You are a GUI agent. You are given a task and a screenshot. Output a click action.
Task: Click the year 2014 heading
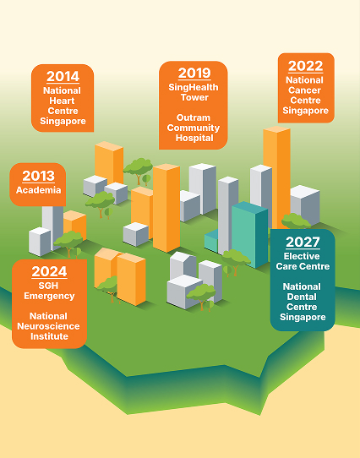63,77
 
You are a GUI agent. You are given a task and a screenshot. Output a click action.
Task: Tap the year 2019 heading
194,74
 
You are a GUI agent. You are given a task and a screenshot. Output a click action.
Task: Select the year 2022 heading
305,66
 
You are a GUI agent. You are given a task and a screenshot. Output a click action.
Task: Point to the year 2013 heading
38,176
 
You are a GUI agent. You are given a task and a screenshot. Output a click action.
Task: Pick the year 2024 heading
50,272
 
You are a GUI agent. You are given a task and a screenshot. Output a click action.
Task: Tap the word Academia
38,190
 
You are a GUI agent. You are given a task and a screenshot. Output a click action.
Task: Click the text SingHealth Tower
194,93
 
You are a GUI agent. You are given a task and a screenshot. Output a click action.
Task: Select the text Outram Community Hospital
194,128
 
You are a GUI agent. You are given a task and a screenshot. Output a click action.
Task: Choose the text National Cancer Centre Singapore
305,95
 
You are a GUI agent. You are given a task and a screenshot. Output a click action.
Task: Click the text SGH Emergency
50,292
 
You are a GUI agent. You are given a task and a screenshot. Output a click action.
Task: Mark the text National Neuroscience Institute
50,326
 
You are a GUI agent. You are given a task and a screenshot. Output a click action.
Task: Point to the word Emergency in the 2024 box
50,297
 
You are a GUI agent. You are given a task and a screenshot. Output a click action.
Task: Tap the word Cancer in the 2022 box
305,90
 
